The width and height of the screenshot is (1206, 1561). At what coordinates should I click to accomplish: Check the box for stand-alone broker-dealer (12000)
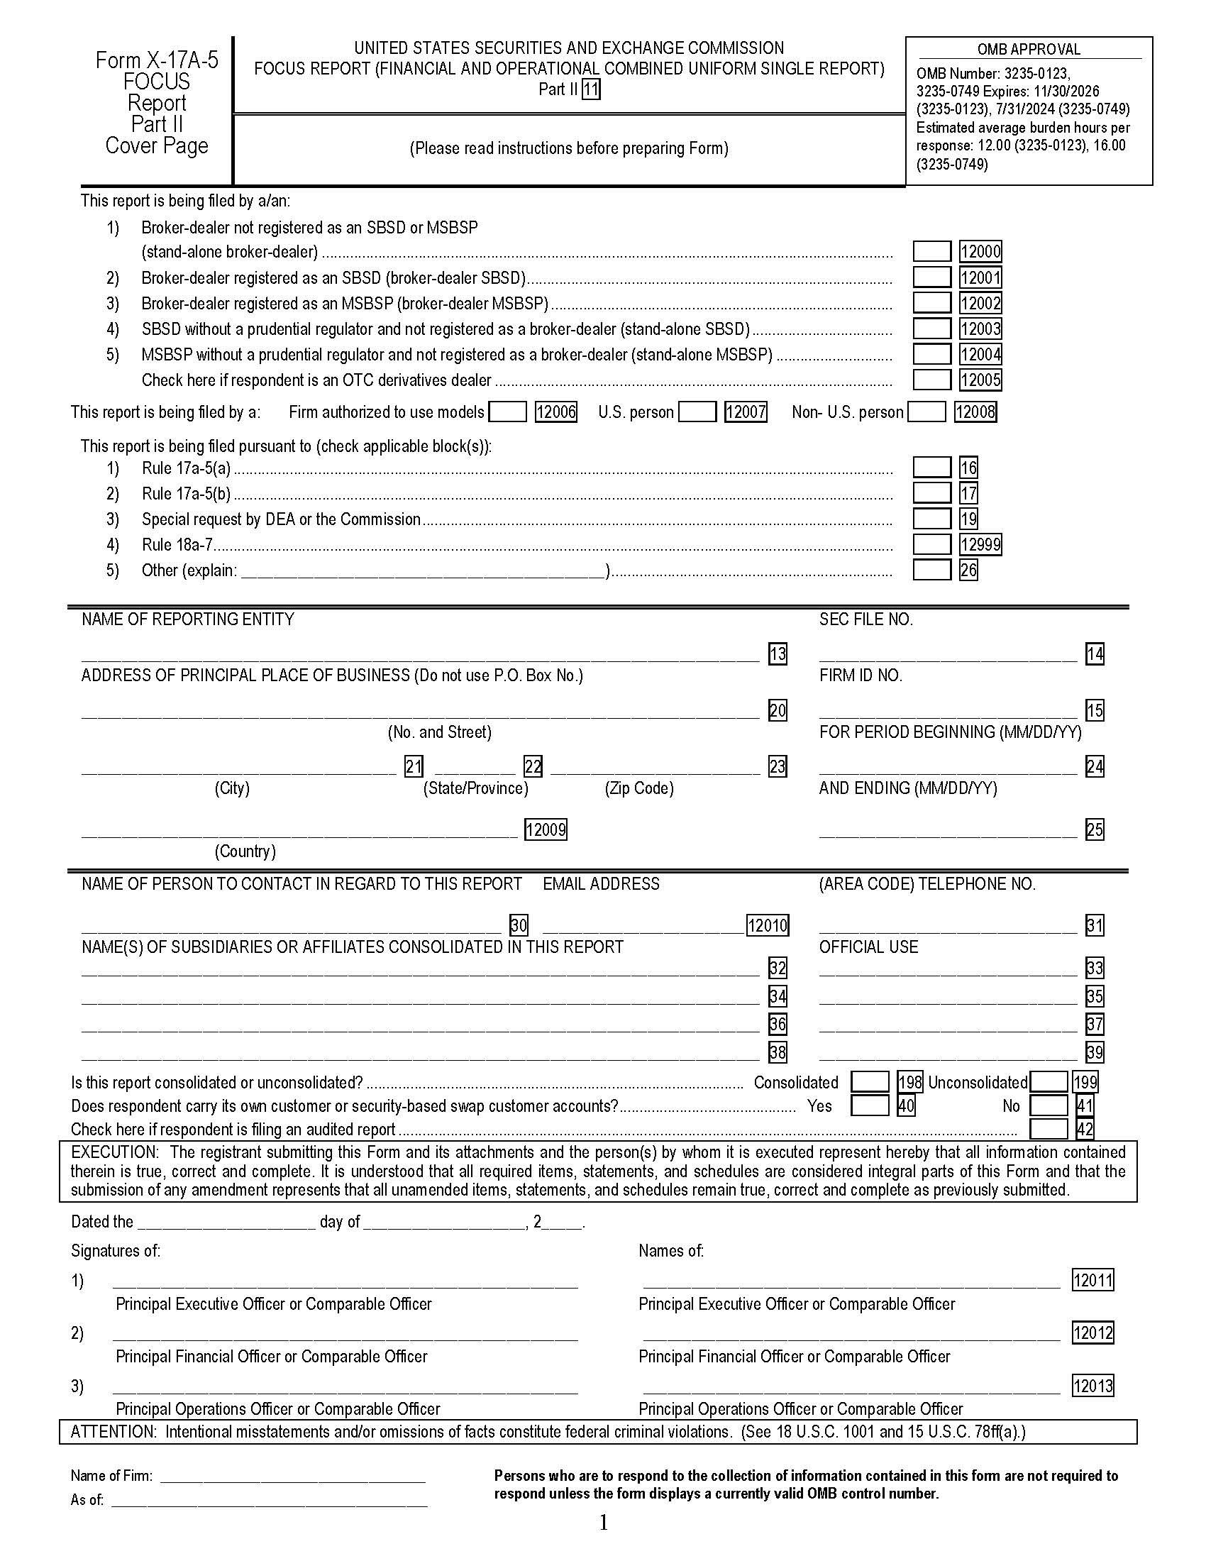click(931, 252)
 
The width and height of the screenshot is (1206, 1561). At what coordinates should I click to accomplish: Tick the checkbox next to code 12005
click(931, 380)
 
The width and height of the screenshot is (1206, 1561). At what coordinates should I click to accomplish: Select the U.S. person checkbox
click(697, 412)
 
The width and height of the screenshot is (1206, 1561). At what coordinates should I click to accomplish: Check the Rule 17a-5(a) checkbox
click(931, 468)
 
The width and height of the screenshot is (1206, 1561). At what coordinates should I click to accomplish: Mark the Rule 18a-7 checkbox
click(931, 545)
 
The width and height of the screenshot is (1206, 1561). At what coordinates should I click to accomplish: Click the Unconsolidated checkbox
click(1048, 1082)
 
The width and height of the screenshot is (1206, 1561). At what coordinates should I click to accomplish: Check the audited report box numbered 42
click(1048, 1130)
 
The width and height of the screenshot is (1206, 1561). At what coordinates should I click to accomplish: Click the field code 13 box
click(778, 653)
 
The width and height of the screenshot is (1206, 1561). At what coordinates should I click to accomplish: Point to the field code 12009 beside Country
click(545, 830)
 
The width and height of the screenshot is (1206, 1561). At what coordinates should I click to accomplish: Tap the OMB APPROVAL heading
click(1028, 50)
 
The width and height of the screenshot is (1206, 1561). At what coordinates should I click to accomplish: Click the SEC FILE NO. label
click(865, 619)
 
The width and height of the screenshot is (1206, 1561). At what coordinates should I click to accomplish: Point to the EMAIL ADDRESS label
click(601, 884)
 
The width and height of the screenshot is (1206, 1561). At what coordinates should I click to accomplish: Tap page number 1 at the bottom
click(603, 1523)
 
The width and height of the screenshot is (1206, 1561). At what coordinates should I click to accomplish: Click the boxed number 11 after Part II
click(590, 89)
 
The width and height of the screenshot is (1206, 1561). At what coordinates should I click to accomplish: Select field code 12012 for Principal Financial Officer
click(1092, 1333)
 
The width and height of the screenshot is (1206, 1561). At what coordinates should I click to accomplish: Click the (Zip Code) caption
click(638, 788)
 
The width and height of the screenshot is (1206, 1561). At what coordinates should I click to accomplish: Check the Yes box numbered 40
click(870, 1105)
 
